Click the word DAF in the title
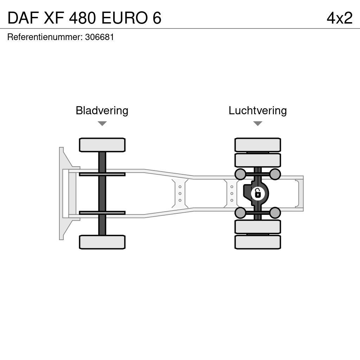point(23,18)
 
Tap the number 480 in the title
point(83,18)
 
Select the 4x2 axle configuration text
point(339,18)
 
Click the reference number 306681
point(99,37)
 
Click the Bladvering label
point(102,110)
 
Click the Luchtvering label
point(258,110)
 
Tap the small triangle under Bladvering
point(102,123)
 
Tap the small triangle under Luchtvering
point(258,123)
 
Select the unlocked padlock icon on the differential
point(258,193)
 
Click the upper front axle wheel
point(102,145)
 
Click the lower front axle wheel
point(102,242)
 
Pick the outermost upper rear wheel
point(258,145)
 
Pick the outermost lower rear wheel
point(258,242)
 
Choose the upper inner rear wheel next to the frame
point(258,160)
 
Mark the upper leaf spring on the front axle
point(102,174)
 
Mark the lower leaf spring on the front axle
point(102,213)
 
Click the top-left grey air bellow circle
point(240,174)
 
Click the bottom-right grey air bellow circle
point(275,213)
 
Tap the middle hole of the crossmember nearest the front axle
point(180,193)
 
